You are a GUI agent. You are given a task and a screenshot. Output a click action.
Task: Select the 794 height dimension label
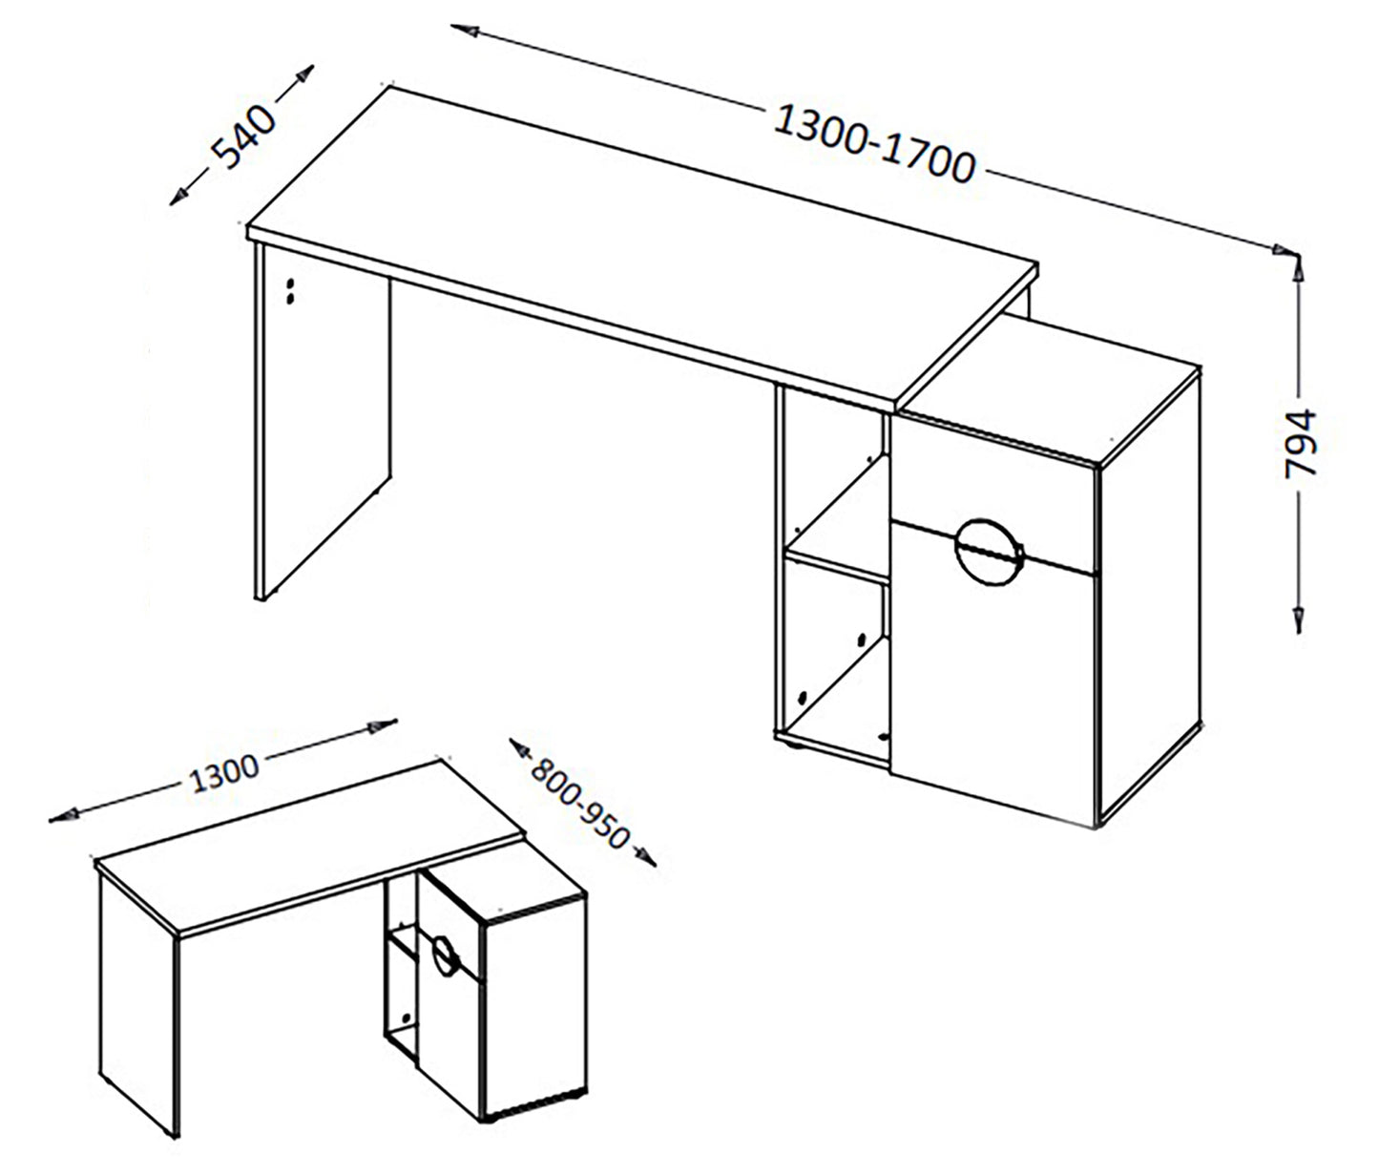click(1301, 444)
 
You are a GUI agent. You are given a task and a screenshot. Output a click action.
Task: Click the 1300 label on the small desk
click(223, 775)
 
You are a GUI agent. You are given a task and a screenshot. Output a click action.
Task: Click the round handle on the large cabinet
click(989, 552)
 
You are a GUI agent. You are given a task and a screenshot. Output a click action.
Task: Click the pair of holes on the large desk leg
click(290, 291)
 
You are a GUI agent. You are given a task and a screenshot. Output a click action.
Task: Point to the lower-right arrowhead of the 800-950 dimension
click(646, 858)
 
